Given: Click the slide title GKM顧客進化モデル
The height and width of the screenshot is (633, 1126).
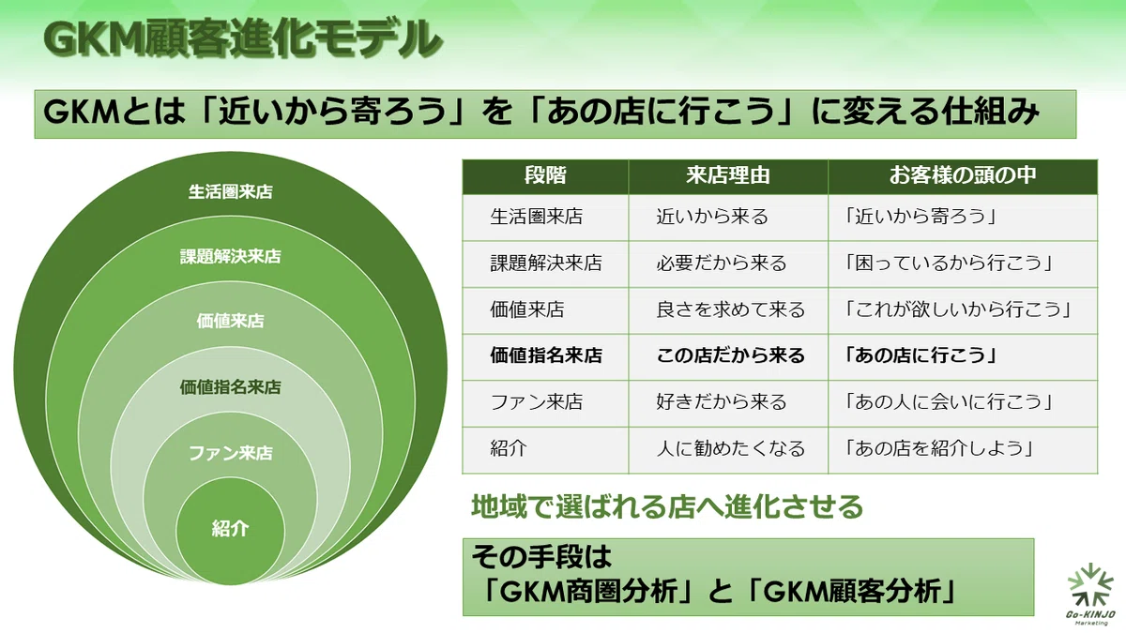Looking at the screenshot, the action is coord(242,38).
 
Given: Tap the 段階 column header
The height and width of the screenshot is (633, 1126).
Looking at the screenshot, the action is coord(545,176).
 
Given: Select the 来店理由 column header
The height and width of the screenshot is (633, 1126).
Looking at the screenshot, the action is coord(728,176).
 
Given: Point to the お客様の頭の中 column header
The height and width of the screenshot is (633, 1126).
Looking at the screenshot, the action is coord(963,176).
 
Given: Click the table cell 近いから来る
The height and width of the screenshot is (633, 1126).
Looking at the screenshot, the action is coord(712,217).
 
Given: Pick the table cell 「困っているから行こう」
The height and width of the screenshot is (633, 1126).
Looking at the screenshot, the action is coord(948,264).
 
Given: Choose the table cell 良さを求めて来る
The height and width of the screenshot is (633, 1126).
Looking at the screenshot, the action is coord(730,309).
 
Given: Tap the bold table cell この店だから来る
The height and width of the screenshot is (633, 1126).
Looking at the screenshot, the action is coord(730,355).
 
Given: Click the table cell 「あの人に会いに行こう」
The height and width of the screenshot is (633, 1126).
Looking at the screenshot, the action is coord(948,402).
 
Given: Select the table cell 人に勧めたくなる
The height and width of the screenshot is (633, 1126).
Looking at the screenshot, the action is coord(730,448).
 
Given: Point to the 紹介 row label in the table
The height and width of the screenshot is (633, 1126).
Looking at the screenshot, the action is coord(509,448).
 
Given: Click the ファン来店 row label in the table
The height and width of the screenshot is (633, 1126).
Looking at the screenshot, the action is coord(537,402).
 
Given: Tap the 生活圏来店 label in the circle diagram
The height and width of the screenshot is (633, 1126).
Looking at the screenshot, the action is coord(230,192).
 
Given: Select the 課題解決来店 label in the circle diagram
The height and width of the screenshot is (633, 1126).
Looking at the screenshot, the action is coord(230,257).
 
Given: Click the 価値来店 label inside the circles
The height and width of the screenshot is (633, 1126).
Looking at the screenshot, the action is coord(230,321).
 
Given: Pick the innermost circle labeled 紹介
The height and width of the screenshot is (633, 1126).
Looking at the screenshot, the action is coord(230,531).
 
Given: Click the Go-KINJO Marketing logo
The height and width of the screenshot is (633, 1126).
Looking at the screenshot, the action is coord(1090,594).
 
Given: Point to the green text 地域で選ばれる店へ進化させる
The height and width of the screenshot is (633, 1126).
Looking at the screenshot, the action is coord(667,506).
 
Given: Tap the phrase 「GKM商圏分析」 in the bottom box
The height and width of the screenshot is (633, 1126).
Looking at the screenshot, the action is coord(584,592).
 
